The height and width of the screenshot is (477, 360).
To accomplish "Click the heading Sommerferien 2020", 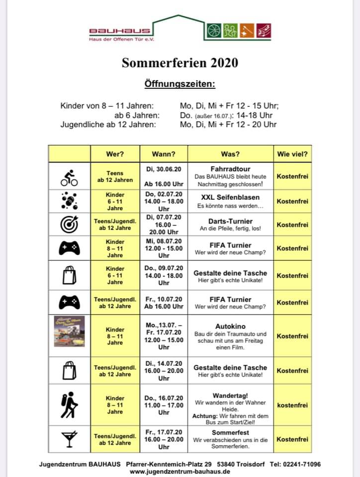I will tap(180, 63).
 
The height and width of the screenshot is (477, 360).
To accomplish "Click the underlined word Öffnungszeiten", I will tap(180, 84).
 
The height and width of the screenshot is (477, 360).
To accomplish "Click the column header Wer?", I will tap(115, 154).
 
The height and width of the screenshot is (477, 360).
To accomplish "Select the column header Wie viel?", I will tap(292, 154).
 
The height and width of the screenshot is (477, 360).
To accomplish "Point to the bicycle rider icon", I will tap(69, 176).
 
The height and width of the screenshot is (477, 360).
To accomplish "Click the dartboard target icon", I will tap(69, 225).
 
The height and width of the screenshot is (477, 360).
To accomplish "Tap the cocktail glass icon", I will tap(69, 439).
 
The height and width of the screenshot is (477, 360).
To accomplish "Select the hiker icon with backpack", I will tap(69, 405).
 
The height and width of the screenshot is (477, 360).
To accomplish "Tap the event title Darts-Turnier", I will tap(230, 221).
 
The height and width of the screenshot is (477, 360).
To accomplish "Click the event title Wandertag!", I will tap(230, 395).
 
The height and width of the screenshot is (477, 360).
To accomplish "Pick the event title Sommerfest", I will tap(230, 433).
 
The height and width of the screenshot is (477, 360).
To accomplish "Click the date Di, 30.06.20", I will tap(164, 169).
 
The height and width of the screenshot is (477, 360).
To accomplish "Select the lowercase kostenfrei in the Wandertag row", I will tap(292, 405).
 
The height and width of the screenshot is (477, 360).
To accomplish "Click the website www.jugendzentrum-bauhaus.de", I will tap(180, 472).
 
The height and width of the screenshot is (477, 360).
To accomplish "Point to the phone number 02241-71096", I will tap(302, 464).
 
